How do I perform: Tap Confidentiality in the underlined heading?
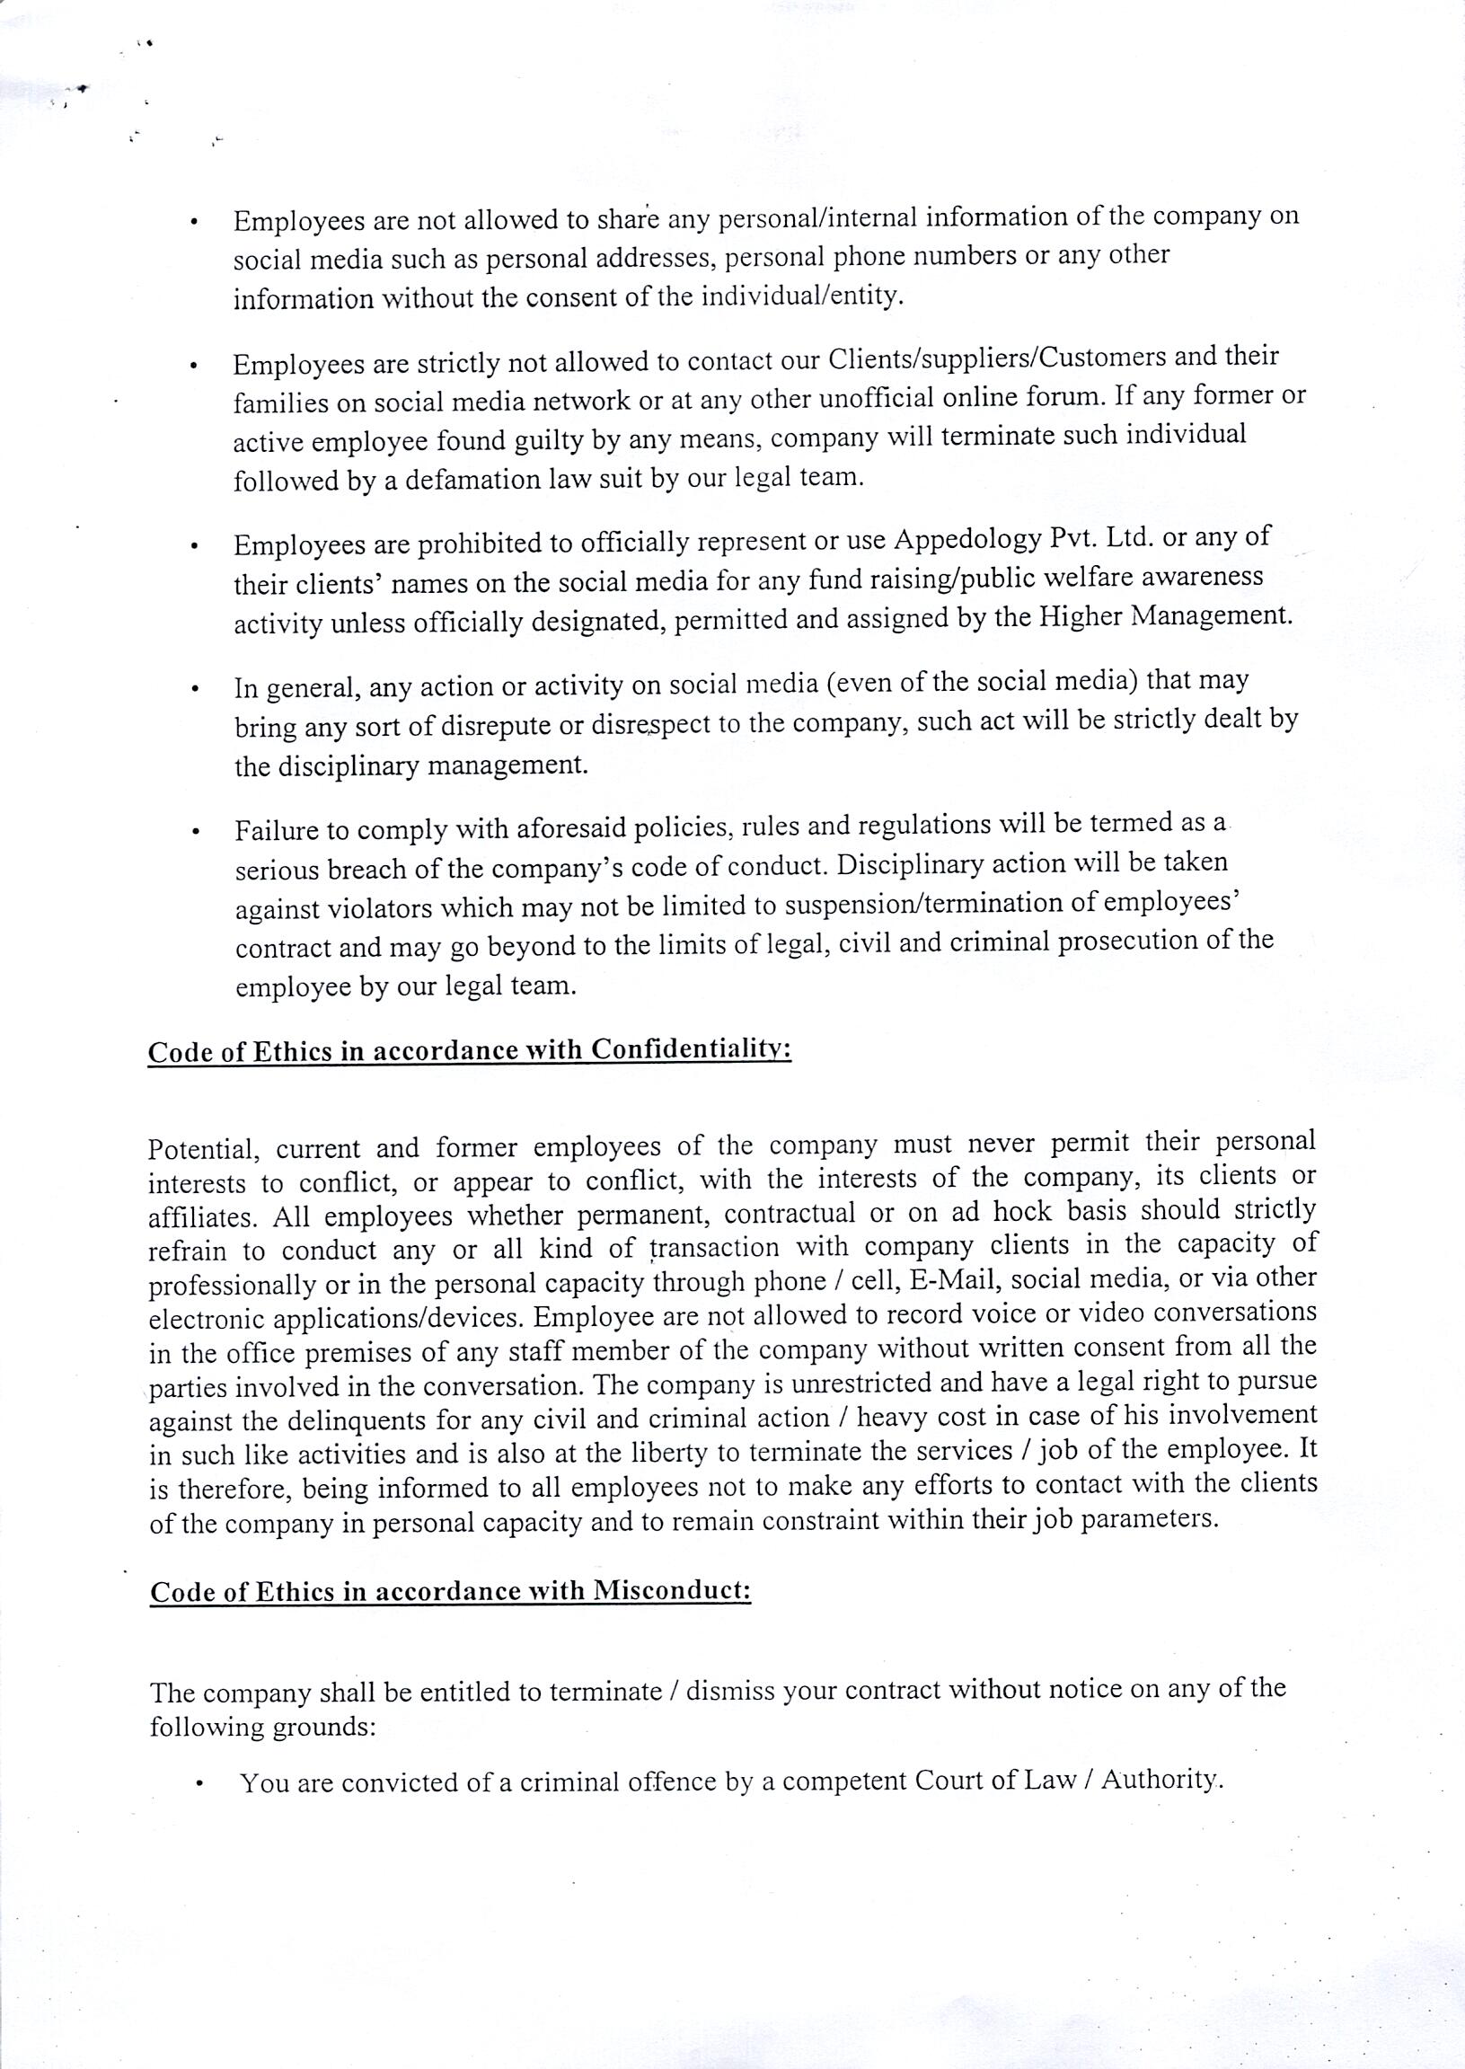[x=691, y=1050]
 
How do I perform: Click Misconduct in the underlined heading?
[x=671, y=1591]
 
